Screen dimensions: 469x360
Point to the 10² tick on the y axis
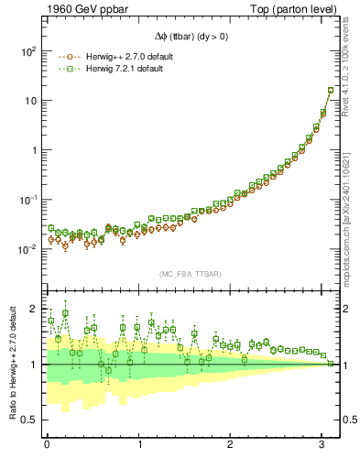pyautogui.click(x=28, y=51)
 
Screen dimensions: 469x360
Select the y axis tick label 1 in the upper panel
pyautogui.click(x=33, y=150)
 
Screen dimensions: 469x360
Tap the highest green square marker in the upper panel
pyautogui.click(x=331, y=90)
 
